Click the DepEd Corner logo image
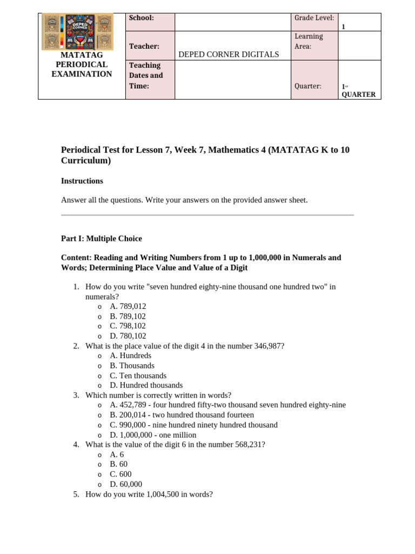(x=77, y=31)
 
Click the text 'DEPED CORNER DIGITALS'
(x=229, y=54)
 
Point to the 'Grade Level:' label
(x=314, y=18)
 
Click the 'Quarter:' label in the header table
(x=308, y=86)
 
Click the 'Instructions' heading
(x=82, y=181)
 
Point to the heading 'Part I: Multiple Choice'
(x=102, y=238)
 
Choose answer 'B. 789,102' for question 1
(x=128, y=316)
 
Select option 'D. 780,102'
(x=128, y=336)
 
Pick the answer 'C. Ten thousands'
(x=138, y=375)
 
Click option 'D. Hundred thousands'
(x=146, y=385)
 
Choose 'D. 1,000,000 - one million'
(x=153, y=435)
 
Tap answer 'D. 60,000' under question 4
(x=126, y=484)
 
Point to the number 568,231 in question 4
(x=246, y=445)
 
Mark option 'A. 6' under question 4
(x=117, y=454)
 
